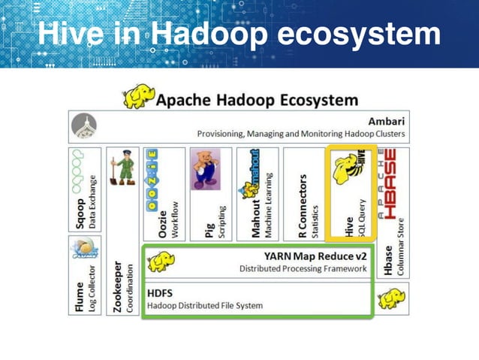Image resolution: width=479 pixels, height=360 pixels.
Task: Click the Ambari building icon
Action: pyautogui.click(x=84, y=127)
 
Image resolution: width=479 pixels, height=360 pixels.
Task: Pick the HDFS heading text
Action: pyautogui.click(x=161, y=292)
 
